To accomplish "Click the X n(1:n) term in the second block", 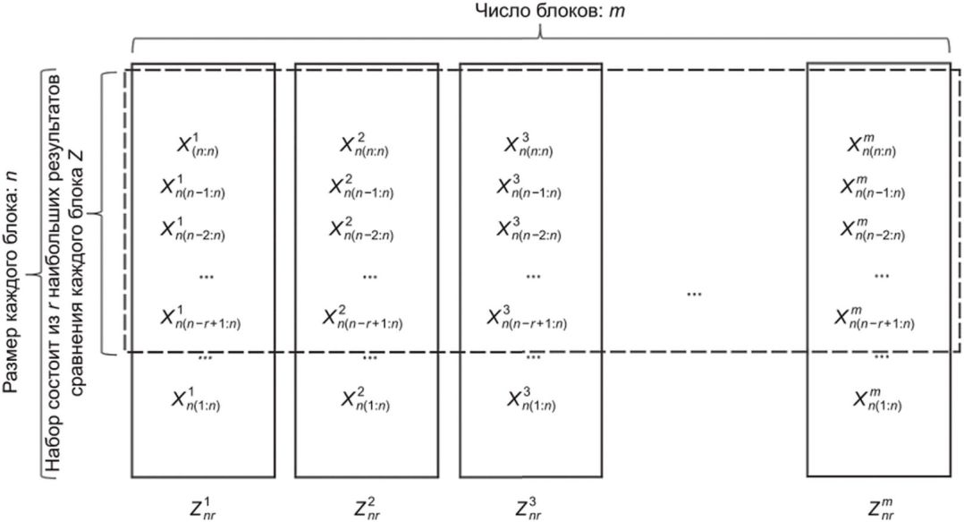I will pos(366,398).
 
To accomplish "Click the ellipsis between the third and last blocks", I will pos(694,294).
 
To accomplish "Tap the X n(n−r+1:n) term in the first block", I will pos(201,316).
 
